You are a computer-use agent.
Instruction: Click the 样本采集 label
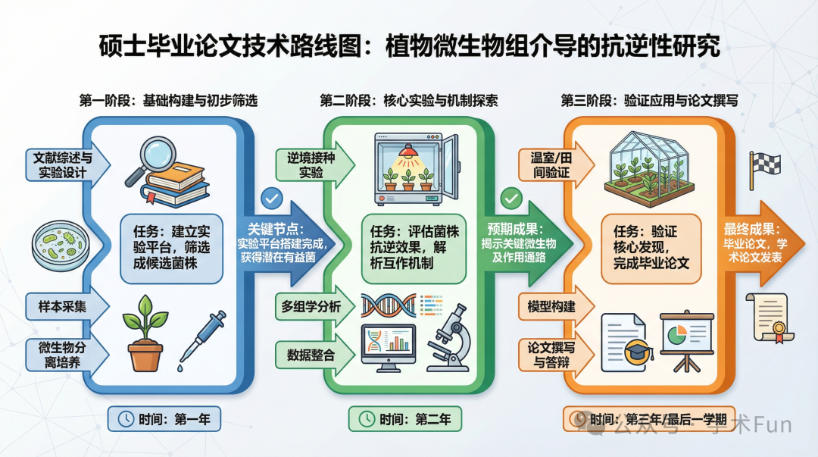point(63,308)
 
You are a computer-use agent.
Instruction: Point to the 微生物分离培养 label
point(63,354)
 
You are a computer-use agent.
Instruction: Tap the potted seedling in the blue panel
point(146,334)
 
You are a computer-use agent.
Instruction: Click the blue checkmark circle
point(270,199)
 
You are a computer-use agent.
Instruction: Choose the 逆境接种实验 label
point(304,165)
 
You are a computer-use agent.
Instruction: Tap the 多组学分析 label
point(311,307)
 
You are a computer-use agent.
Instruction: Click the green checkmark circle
point(512,199)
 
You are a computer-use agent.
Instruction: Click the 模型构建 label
point(551,307)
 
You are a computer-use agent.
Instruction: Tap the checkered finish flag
point(764,168)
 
